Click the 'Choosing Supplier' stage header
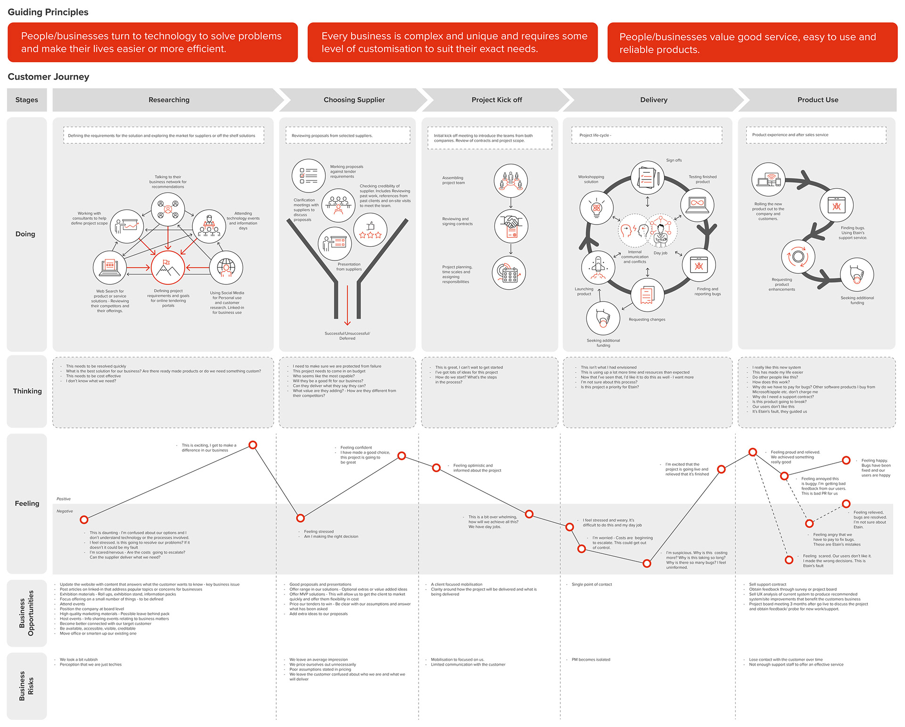click(x=354, y=100)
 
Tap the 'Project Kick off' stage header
click(x=496, y=100)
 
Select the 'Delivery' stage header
click(x=653, y=100)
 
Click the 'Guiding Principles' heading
click(x=48, y=12)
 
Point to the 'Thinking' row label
click(x=27, y=391)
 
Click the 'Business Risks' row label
click(x=26, y=686)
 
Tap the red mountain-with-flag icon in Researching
click(x=167, y=267)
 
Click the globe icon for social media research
click(x=226, y=267)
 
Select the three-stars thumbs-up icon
click(x=370, y=230)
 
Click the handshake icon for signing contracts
click(x=511, y=226)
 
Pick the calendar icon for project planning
click(x=509, y=273)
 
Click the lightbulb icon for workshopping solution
click(x=596, y=208)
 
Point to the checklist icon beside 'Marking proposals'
click(x=309, y=175)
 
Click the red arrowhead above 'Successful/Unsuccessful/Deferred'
click(x=347, y=323)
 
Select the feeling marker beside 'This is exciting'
click(x=253, y=445)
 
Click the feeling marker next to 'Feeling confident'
click(x=402, y=456)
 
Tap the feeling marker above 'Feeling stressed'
click(x=300, y=518)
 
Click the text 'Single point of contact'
click(x=592, y=585)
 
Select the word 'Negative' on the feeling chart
click(x=65, y=511)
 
